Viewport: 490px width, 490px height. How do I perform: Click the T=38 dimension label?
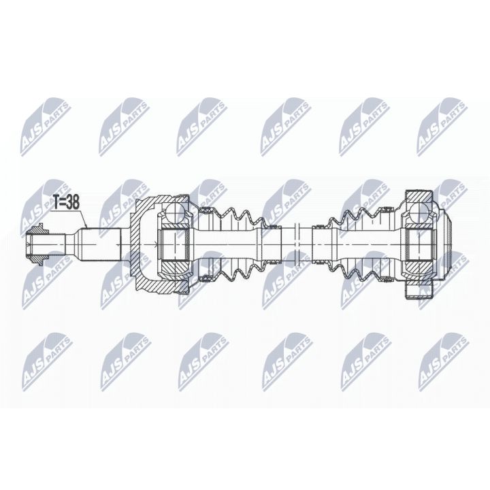pos(66,203)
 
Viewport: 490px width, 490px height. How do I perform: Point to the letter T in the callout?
pos(56,203)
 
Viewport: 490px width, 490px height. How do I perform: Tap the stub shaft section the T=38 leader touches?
pos(99,244)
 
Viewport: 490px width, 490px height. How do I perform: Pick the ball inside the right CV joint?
pos(420,212)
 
